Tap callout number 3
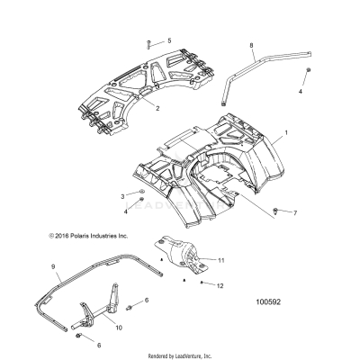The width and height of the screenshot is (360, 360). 123,195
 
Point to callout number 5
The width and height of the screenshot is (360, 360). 167,41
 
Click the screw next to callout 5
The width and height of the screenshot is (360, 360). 148,41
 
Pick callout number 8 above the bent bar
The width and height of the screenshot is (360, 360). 252,44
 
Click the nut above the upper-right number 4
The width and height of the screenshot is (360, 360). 309,69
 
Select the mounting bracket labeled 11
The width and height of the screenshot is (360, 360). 181,251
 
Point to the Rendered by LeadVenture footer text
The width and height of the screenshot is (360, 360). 180,353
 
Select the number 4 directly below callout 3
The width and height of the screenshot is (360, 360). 124,211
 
